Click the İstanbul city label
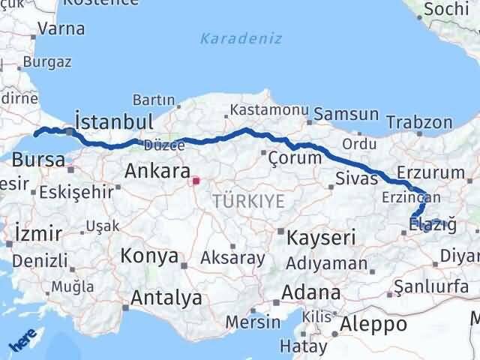[x=115, y=122]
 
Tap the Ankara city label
[x=157, y=170]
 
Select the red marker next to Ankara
[x=196, y=180]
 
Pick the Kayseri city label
[x=320, y=238]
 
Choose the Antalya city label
[x=166, y=298]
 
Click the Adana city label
[x=312, y=292]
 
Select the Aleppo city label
[x=373, y=324]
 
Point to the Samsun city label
[x=346, y=115]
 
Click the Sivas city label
[x=351, y=178]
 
